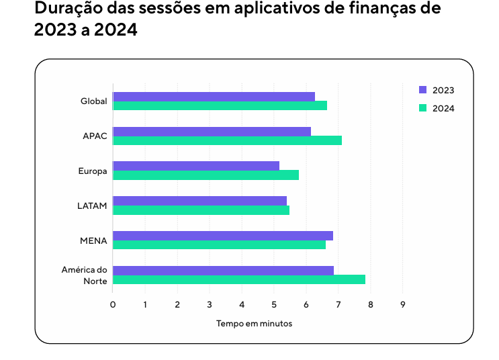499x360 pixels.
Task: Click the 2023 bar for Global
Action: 214,97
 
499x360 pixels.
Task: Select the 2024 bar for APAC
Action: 227,140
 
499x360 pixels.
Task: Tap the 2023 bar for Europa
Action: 196,166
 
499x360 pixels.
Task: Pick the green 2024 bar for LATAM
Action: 201,210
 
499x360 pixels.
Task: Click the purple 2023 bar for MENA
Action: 223,236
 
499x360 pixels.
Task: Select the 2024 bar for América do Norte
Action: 239,279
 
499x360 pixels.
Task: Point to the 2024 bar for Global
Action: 220,105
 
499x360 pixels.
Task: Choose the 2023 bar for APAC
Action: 212,132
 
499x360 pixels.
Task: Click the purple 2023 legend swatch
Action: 423,90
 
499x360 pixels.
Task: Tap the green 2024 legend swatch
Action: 423,107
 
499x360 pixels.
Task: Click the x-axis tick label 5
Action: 274,304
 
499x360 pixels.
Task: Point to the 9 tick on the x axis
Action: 403,304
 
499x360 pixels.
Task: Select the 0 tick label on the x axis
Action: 113,304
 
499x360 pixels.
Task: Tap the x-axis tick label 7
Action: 338,304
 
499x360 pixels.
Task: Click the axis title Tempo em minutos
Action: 254,324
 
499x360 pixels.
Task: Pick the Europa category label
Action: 93,171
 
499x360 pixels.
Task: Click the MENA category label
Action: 93,240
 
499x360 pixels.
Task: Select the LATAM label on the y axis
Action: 92,206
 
